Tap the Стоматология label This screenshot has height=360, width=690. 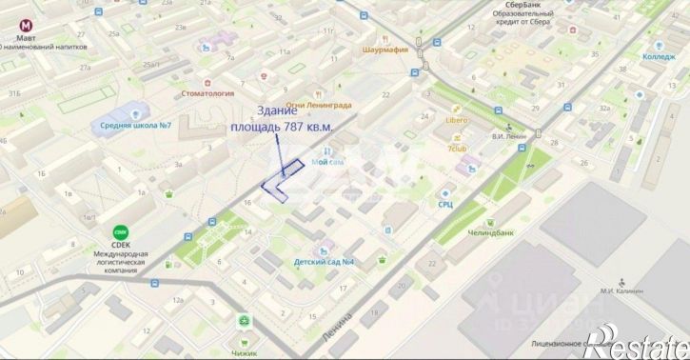[207, 93]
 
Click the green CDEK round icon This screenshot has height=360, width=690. [121, 231]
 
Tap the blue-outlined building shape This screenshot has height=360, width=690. [285, 180]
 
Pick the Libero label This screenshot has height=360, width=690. [456, 121]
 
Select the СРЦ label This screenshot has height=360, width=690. [444, 203]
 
